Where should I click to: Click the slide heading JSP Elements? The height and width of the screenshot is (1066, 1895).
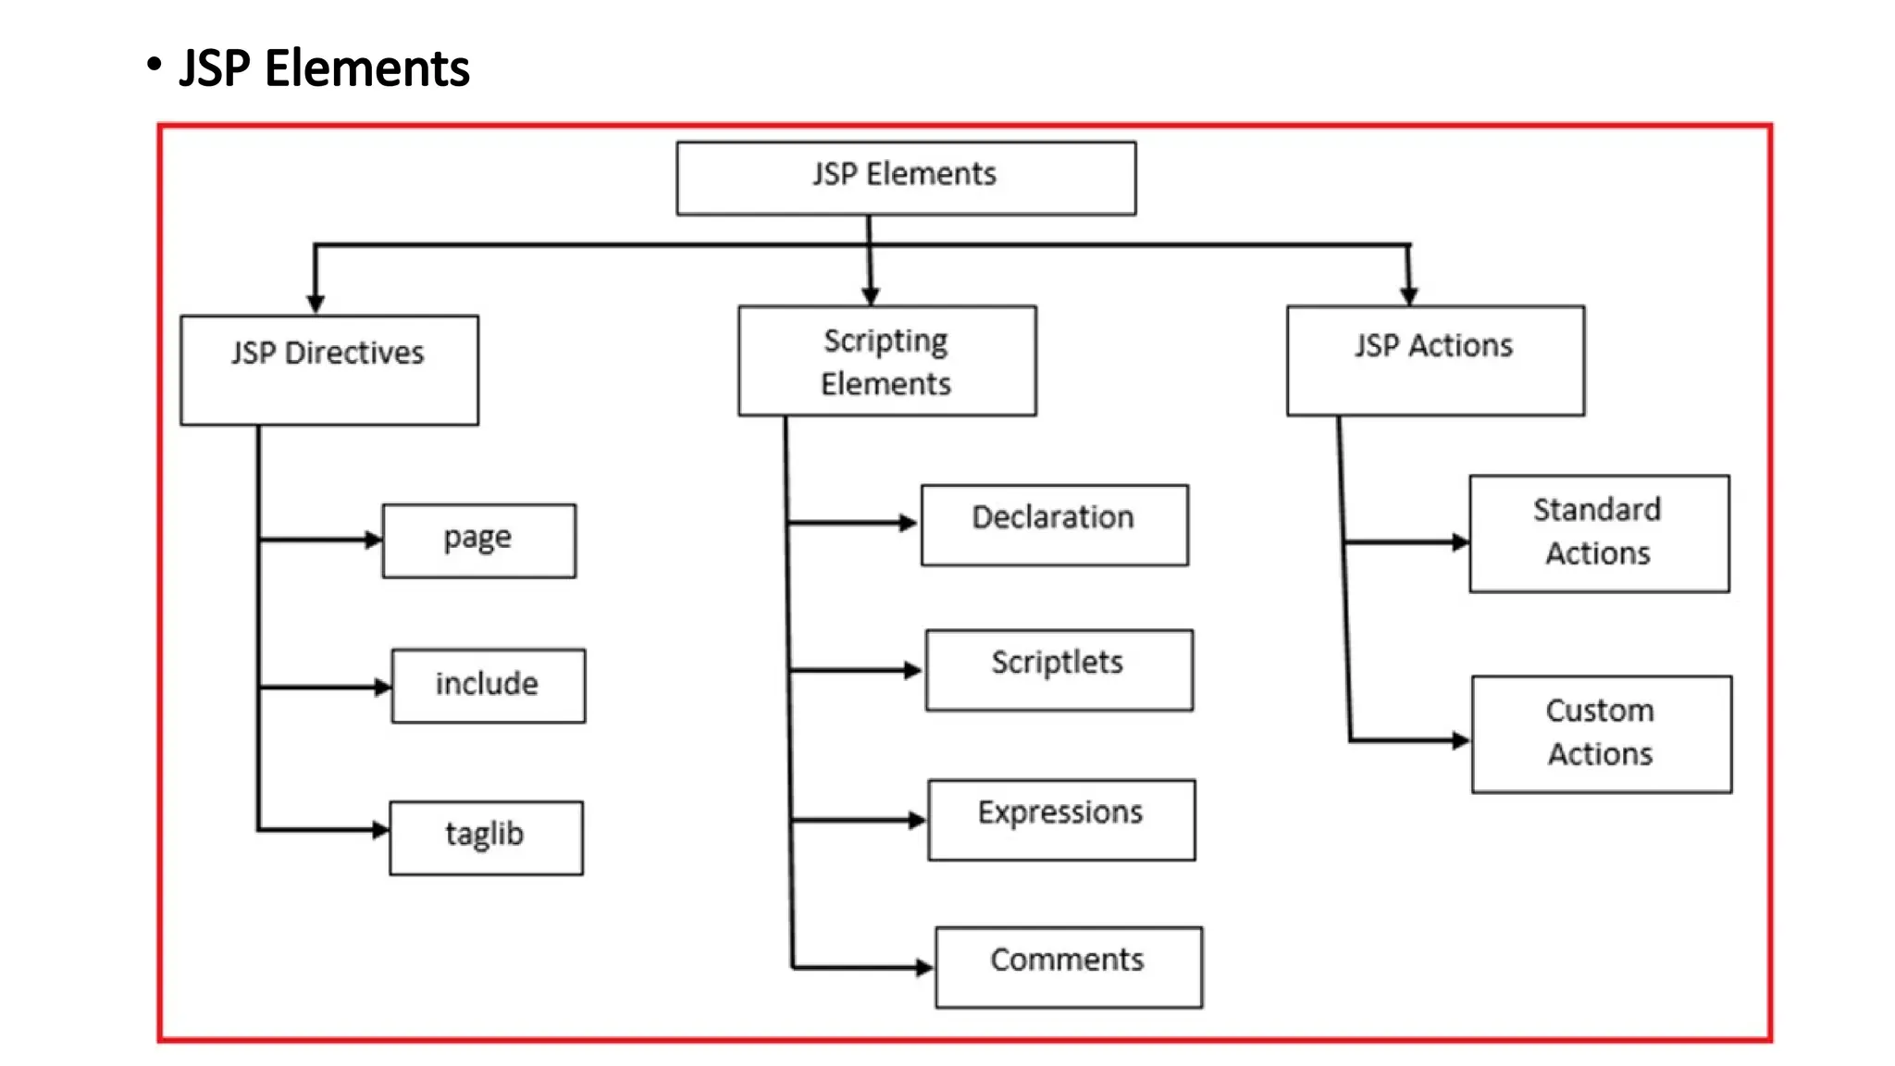(x=324, y=68)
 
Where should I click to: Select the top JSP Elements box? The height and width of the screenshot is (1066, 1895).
(x=905, y=178)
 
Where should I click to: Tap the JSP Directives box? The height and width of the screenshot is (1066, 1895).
(x=329, y=370)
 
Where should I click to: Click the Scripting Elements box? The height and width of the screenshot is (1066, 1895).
(x=886, y=361)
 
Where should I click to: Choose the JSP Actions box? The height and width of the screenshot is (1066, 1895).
(x=1434, y=361)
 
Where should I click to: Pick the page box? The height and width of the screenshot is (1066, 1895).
(x=478, y=540)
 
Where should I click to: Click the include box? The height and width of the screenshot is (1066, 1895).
(x=488, y=686)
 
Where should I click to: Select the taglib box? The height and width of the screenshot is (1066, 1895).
(x=486, y=837)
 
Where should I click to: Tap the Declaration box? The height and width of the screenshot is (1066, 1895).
(x=1054, y=525)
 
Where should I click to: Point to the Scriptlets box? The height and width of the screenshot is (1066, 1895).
(x=1059, y=670)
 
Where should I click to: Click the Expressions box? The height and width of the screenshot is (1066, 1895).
(x=1061, y=820)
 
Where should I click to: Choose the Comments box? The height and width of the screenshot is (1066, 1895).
(x=1068, y=967)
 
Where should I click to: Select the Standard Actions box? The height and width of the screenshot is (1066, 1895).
(x=1598, y=533)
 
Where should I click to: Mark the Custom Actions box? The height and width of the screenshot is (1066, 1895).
(x=1601, y=734)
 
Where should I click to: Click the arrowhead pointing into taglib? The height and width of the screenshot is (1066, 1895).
(x=380, y=830)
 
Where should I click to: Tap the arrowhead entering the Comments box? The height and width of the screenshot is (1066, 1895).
(x=924, y=968)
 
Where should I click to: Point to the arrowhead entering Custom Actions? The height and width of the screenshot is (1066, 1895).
(x=1461, y=740)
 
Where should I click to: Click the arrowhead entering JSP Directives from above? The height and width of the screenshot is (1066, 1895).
(x=316, y=304)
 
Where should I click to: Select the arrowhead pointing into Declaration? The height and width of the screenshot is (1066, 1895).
(x=909, y=523)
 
